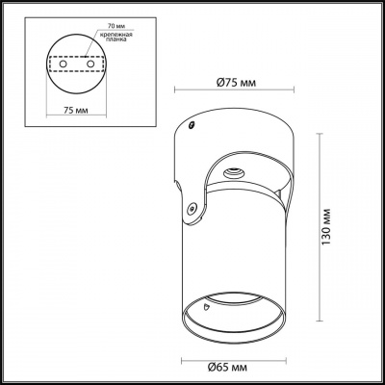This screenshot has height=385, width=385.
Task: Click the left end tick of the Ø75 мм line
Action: [173, 90]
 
